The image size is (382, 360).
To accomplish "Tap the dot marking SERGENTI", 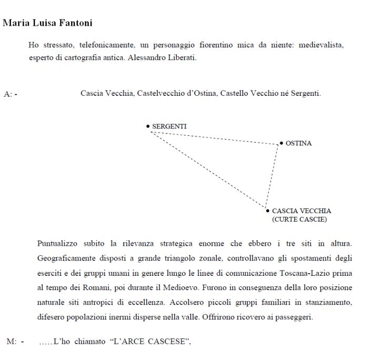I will click(x=148, y=126).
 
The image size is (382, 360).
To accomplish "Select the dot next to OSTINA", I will click(x=281, y=143).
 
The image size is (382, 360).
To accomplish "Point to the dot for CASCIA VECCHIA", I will click(x=268, y=211).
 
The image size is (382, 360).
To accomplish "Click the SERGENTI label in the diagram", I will click(x=169, y=126).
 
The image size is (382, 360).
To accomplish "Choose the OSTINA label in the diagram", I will click(x=298, y=143).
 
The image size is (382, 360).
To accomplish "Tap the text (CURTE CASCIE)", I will click(x=299, y=219).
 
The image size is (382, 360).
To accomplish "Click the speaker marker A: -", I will click(x=10, y=94).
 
